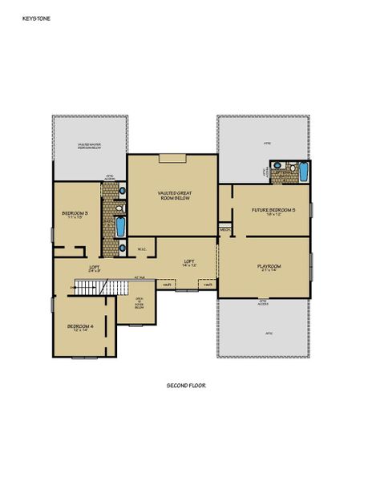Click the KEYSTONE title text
(x=35, y=14)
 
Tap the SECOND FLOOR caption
(x=186, y=386)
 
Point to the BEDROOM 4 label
(x=80, y=325)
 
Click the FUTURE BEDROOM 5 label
(x=273, y=209)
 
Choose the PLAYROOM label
(x=266, y=265)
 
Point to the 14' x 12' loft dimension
(x=189, y=265)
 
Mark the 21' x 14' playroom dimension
(x=266, y=271)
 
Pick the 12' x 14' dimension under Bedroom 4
(x=80, y=330)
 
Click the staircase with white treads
(x=95, y=286)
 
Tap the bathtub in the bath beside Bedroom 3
(x=121, y=228)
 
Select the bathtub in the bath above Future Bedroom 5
(x=302, y=172)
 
